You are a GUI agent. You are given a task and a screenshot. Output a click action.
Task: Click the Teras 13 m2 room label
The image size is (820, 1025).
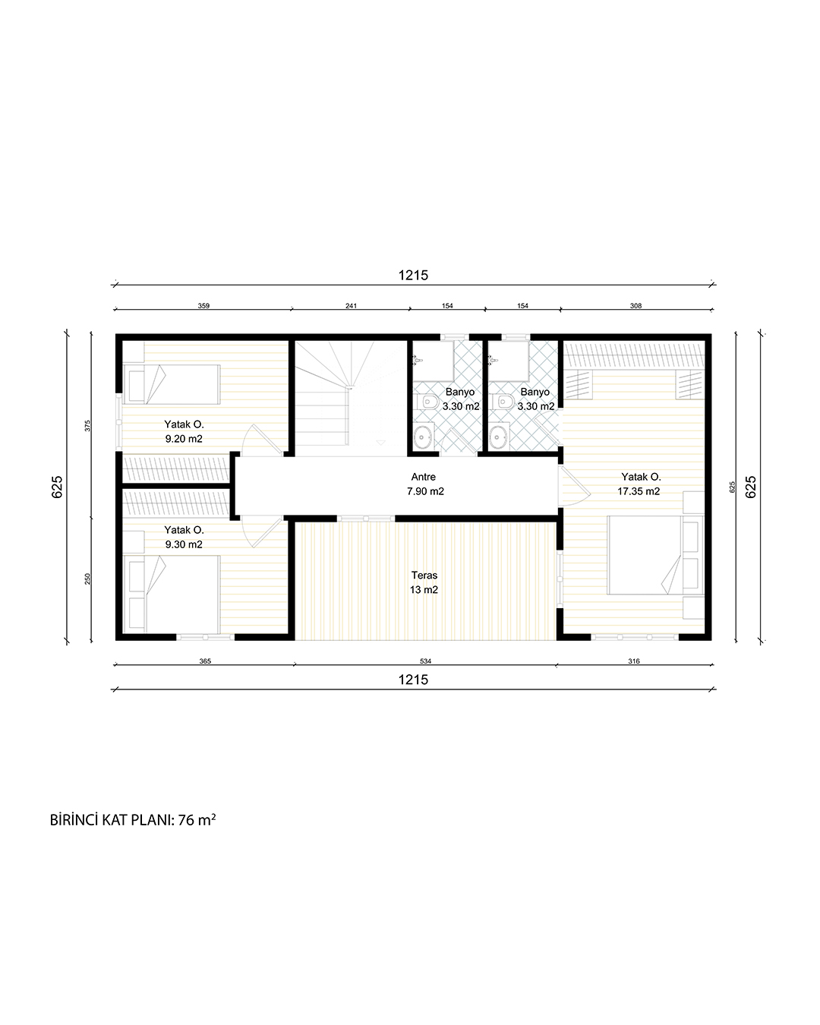click(x=424, y=582)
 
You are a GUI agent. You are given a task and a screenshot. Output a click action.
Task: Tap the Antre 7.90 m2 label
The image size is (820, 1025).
click(x=425, y=484)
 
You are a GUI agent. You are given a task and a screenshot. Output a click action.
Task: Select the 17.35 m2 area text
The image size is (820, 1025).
click(x=639, y=491)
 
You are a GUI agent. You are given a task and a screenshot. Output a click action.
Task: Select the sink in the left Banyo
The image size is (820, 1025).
click(x=423, y=436)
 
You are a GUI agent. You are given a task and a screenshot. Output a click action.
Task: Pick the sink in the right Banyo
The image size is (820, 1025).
click(x=499, y=436)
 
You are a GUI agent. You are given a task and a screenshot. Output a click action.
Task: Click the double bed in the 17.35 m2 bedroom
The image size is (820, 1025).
click(x=655, y=555)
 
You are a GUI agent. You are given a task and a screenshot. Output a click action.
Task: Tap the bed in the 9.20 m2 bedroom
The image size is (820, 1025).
click(x=172, y=384)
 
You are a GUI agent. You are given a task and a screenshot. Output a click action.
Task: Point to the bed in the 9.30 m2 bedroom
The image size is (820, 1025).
click(x=172, y=594)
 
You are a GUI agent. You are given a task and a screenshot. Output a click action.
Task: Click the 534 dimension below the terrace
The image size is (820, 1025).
click(x=425, y=661)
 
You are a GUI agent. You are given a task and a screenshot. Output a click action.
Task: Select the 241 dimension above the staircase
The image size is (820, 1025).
click(x=351, y=306)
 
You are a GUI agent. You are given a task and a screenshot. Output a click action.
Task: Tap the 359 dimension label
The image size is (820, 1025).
click(x=203, y=306)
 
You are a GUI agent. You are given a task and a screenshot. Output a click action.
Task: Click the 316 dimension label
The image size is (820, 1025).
click(x=634, y=661)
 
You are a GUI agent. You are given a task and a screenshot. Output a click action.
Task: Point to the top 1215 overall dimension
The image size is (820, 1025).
click(x=413, y=275)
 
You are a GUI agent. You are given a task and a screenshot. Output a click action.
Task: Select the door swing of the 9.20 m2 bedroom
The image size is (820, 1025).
click(x=262, y=438)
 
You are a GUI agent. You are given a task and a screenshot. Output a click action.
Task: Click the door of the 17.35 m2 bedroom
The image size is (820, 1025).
click(x=574, y=486)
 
